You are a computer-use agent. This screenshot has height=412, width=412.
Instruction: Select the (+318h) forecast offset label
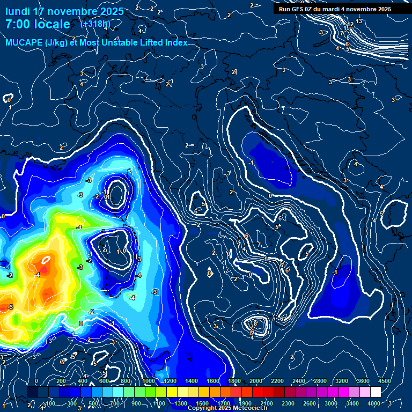tap(95, 24)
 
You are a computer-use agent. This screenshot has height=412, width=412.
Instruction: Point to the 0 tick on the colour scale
tap(36, 381)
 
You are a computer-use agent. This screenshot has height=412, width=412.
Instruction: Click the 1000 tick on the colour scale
tap(148, 381)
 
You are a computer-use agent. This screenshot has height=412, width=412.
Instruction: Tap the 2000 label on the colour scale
tap(255, 381)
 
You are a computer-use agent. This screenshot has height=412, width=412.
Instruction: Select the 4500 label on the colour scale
tap(384, 381)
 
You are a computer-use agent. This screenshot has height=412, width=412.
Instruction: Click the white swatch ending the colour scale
tap(375, 392)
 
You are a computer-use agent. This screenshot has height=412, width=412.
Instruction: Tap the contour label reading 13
tap(359, 21)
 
